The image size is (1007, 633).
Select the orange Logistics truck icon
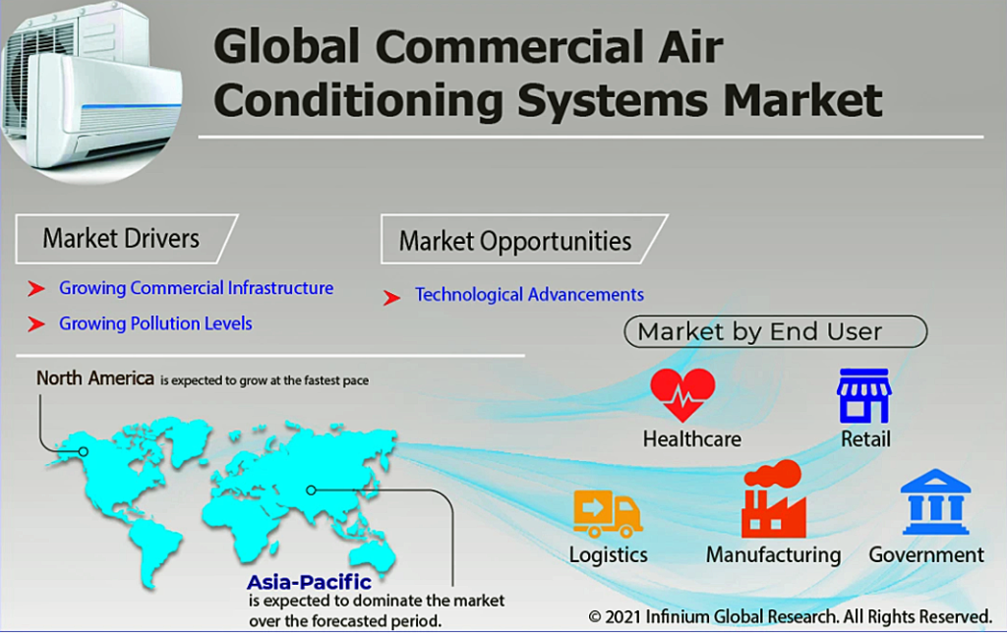(608, 514)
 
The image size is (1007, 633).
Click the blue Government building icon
(935, 502)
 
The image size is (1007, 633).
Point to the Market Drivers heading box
(127, 239)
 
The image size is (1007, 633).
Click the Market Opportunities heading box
(523, 240)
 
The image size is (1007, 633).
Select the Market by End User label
(775, 331)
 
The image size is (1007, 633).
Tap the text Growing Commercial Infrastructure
(196, 288)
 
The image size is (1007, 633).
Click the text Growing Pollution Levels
(155, 323)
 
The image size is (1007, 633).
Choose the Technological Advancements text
(529, 295)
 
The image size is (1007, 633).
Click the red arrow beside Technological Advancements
(391, 297)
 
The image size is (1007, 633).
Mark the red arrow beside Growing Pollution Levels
(36, 324)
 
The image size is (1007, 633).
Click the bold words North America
(95, 378)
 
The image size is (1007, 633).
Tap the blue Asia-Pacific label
(310, 582)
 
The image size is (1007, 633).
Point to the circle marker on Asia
(312, 490)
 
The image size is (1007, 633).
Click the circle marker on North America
(83, 452)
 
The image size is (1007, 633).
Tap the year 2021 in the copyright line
(622, 617)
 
